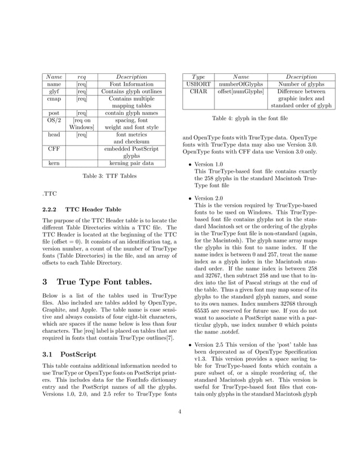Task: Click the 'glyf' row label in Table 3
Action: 54,91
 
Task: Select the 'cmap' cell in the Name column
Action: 54,99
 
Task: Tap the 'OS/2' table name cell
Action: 54,120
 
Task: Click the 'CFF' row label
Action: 54,150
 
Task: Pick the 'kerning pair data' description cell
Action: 131,164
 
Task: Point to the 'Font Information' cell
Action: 131,84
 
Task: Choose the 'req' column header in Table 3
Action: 82,77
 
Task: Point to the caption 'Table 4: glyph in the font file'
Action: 249,118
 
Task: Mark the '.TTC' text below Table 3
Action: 50,193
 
